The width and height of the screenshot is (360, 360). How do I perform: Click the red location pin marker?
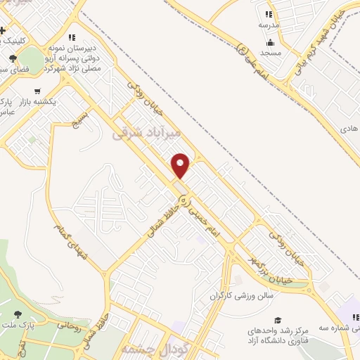tap(181, 166)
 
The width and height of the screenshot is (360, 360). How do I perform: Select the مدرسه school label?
tap(268, 25)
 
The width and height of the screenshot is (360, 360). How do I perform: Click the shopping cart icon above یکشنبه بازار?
tap(37, 91)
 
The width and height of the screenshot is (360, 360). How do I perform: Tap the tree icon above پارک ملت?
tap(17, 314)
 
